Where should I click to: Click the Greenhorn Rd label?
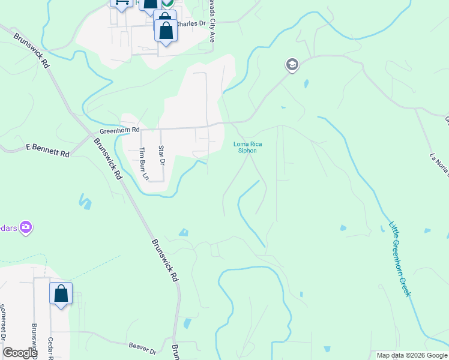click(x=119, y=130)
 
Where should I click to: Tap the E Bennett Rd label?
click(x=48, y=150)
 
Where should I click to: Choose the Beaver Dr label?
click(x=142, y=346)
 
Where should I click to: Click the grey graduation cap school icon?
click(x=292, y=65)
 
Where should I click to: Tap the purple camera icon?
click(x=26, y=227)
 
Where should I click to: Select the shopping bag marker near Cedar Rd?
click(x=61, y=293)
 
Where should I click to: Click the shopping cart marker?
click(x=122, y=3)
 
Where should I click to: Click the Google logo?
click(x=20, y=353)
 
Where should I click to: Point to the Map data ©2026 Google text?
click(x=412, y=355)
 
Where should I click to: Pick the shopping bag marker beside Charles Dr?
click(x=166, y=30)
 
